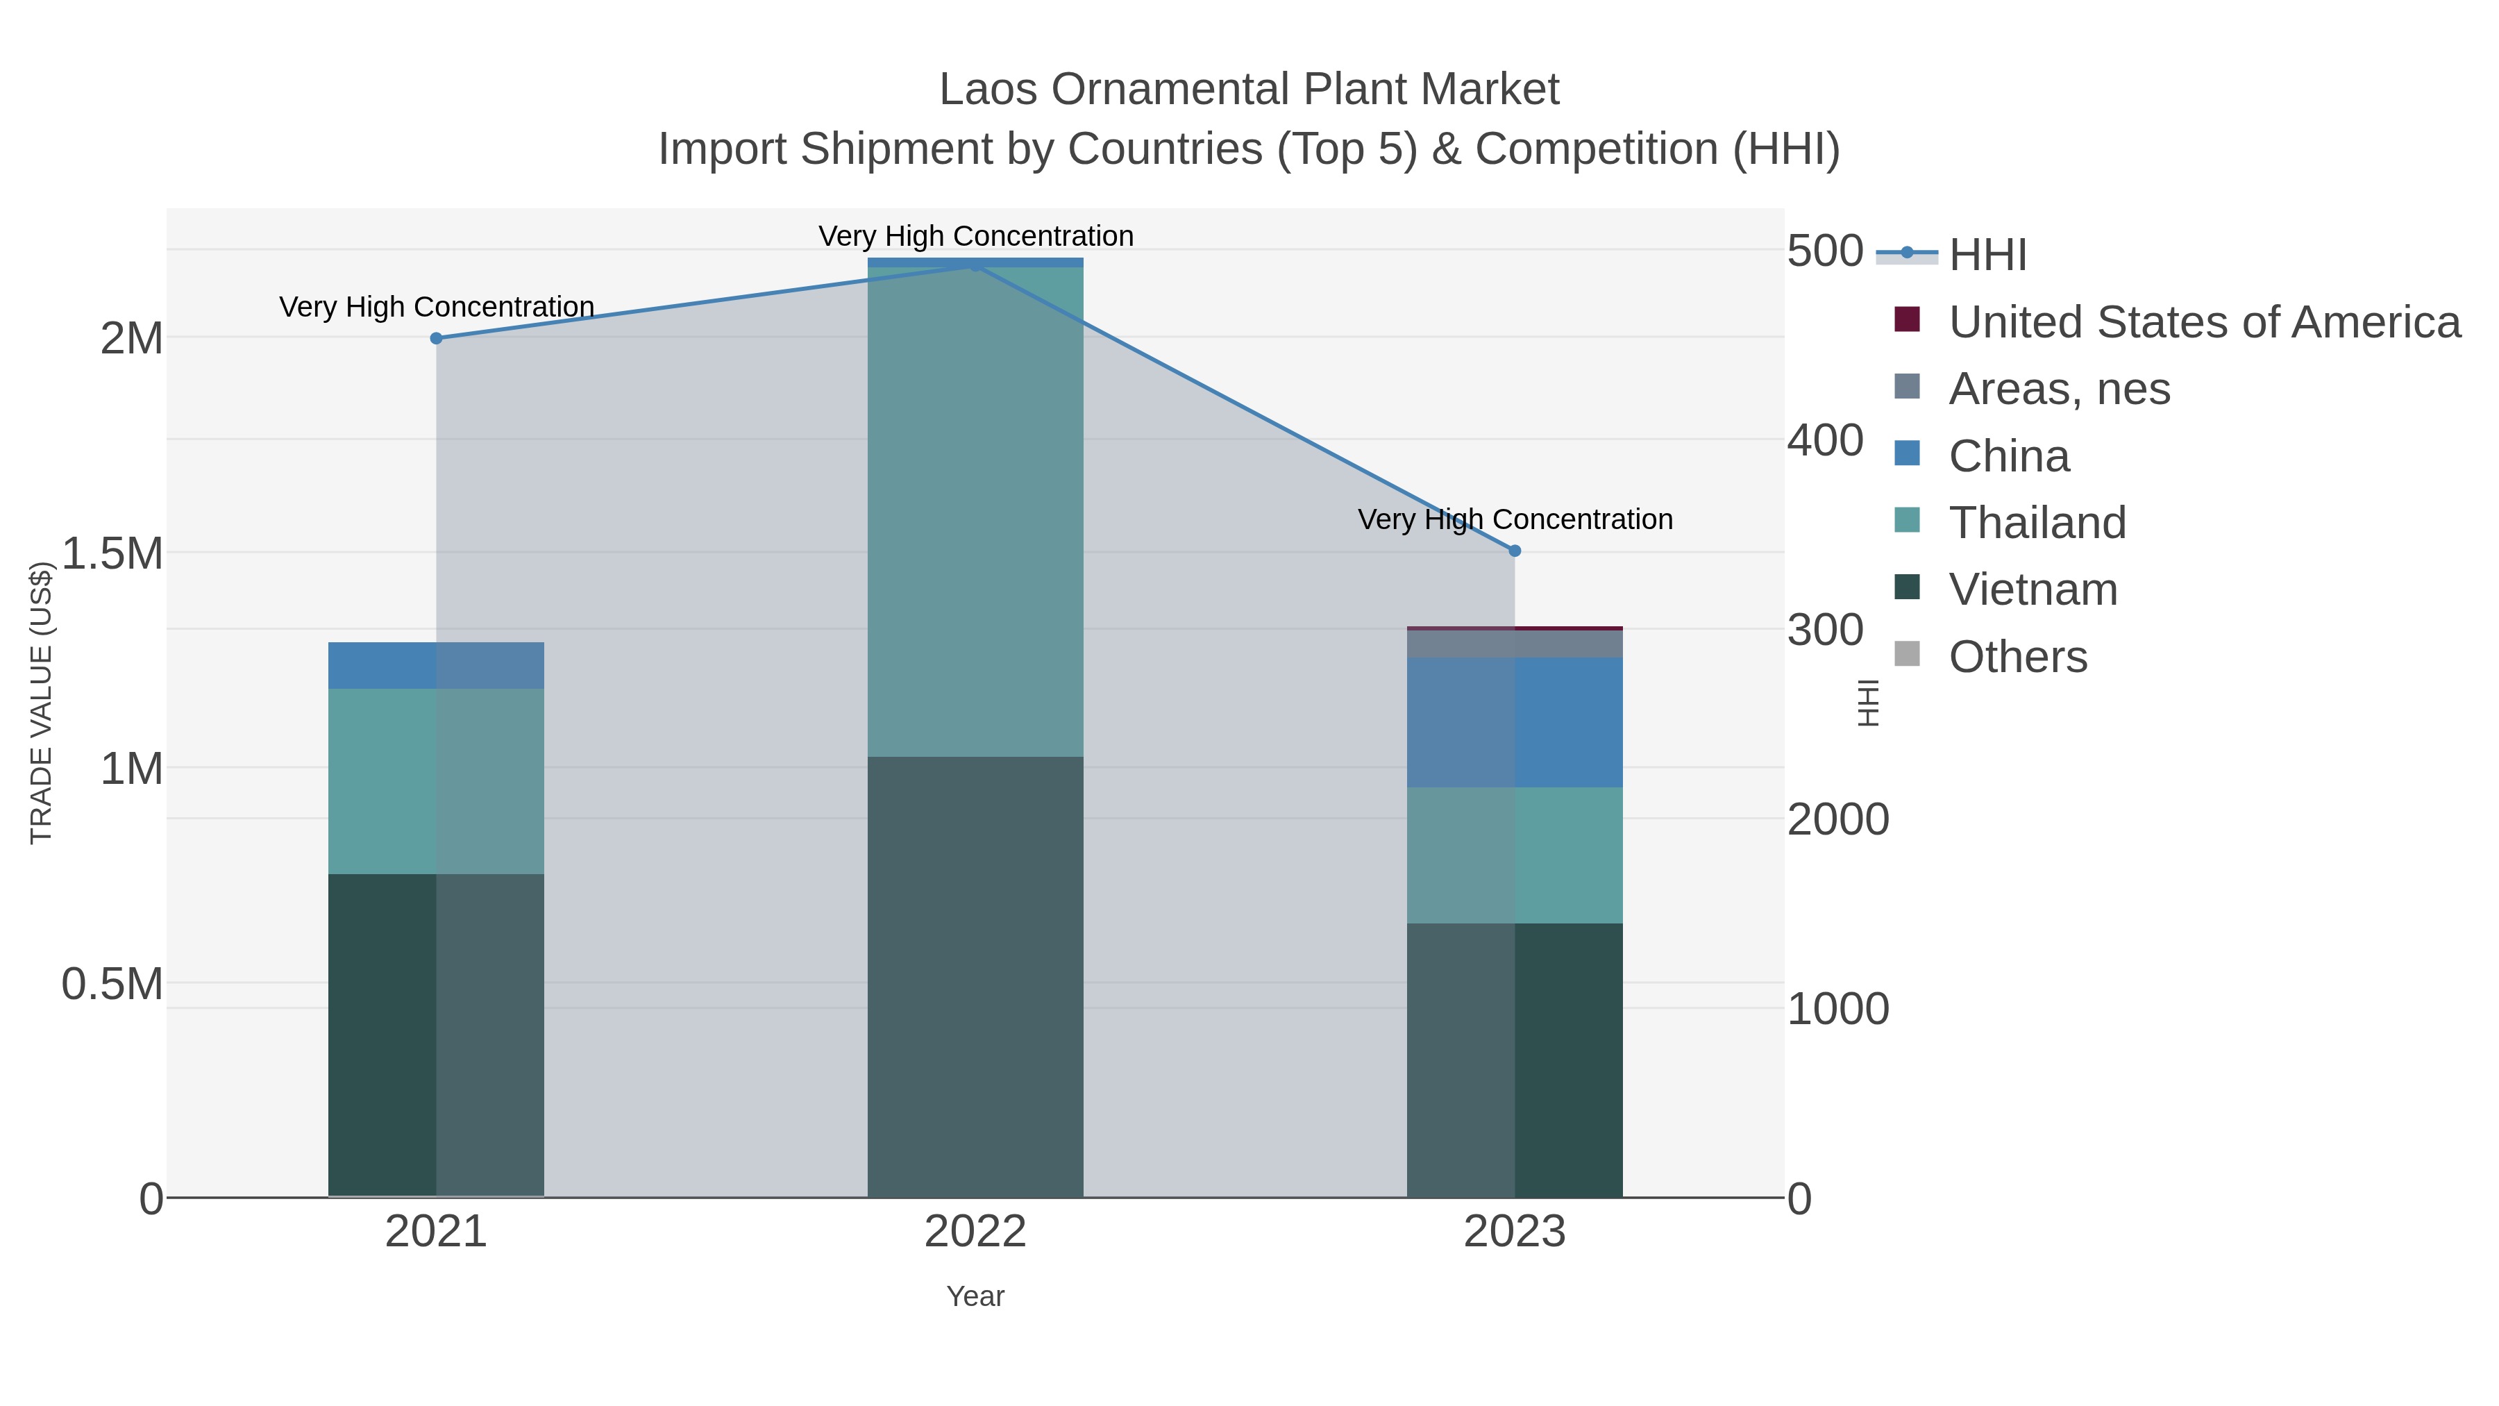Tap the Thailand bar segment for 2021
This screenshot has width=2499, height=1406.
click(x=435, y=781)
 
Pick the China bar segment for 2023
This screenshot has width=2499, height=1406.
click(x=1515, y=722)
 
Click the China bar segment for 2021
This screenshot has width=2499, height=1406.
click(x=435, y=666)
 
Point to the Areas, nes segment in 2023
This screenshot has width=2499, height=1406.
click(x=1515, y=644)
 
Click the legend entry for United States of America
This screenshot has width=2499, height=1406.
click(x=2202, y=322)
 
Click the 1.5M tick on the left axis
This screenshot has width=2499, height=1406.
click(x=112, y=554)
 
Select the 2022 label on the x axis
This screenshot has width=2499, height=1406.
click(x=975, y=1232)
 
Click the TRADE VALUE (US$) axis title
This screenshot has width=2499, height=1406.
click(x=41, y=703)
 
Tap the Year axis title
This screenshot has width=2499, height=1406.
click(x=975, y=1296)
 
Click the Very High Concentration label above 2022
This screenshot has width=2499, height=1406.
click(x=975, y=236)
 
